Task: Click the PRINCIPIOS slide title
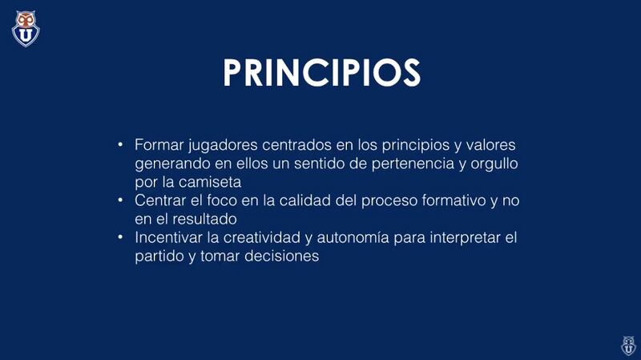tap(322, 72)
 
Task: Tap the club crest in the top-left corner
tap(26, 29)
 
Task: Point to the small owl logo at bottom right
tap(628, 346)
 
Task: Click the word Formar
tap(159, 145)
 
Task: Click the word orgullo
tap(494, 164)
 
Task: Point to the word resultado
tap(205, 219)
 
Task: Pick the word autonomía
tap(353, 237)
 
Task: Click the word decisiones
tap(282, 256)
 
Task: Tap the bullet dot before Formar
tap(120, 144)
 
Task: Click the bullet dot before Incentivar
tap(120, 237)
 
